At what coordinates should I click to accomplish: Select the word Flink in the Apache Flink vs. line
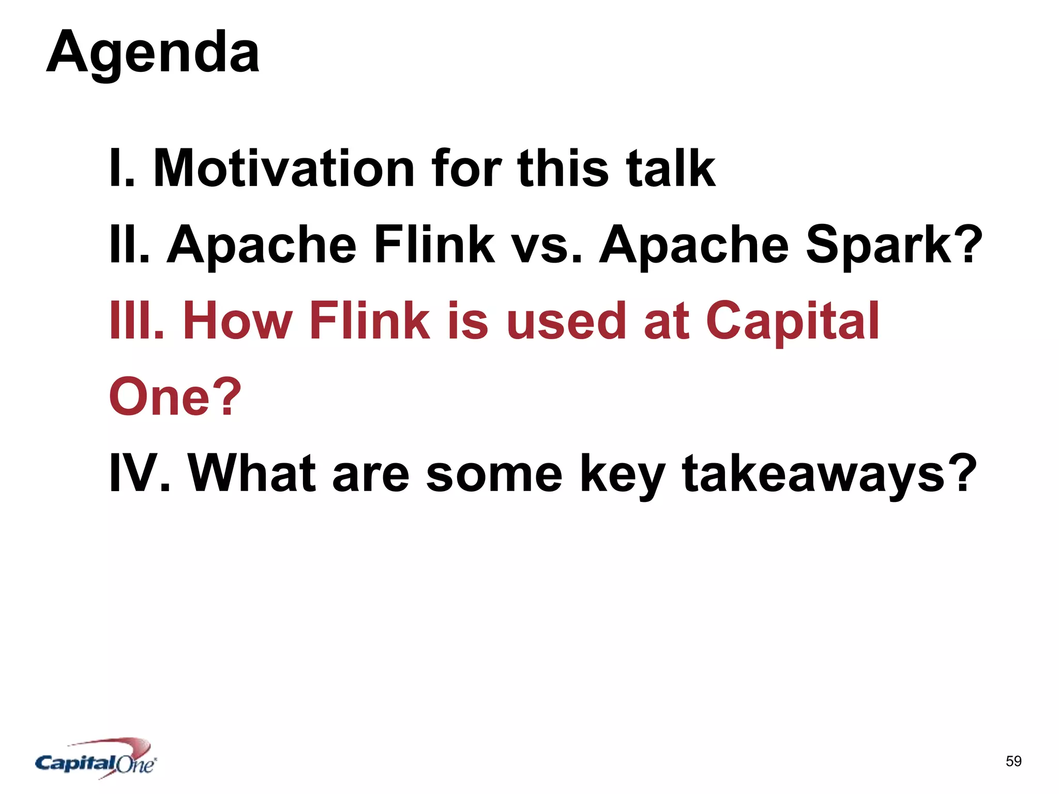pos(434,244)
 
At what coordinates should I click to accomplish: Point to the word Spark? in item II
pos(894,244)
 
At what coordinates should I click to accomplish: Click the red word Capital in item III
pos(792,322)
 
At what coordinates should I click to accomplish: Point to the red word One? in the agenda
pos(175,396)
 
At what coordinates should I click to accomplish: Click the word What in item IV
pos(251,472)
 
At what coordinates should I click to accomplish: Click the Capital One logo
pos(96,759)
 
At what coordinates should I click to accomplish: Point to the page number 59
pos(1013,761)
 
